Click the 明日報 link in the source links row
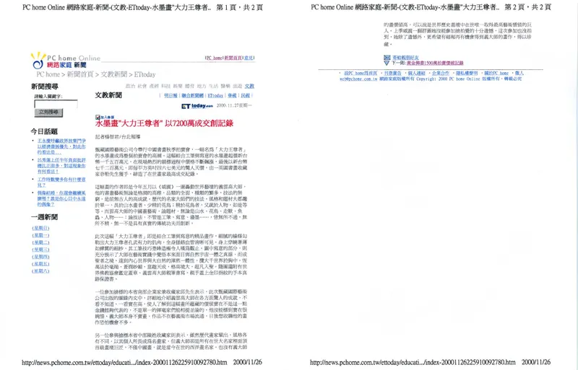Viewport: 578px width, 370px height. (170, 94)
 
